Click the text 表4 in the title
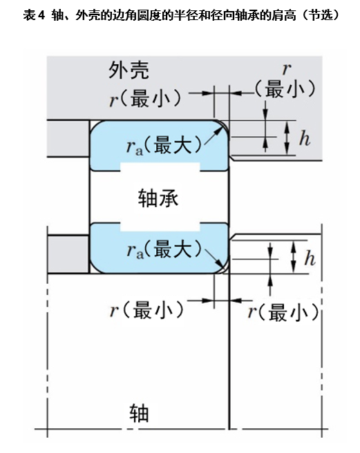[34, 15]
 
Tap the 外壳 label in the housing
[129, 70]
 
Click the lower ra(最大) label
[164, 249]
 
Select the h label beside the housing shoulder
[305, 139]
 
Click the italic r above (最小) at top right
[286, 69]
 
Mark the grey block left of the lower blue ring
[68, 253]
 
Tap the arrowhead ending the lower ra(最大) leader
[225, 267]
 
